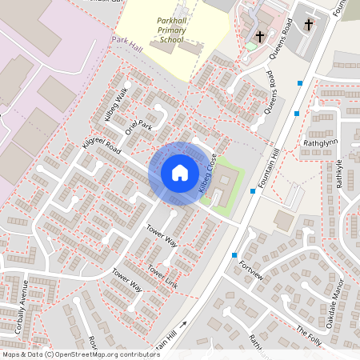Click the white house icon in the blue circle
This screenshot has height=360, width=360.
179,173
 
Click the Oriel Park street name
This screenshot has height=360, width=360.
137,126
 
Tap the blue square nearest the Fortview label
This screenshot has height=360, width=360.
234,255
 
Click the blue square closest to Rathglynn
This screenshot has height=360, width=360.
297,114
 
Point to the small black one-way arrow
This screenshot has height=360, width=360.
183,324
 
